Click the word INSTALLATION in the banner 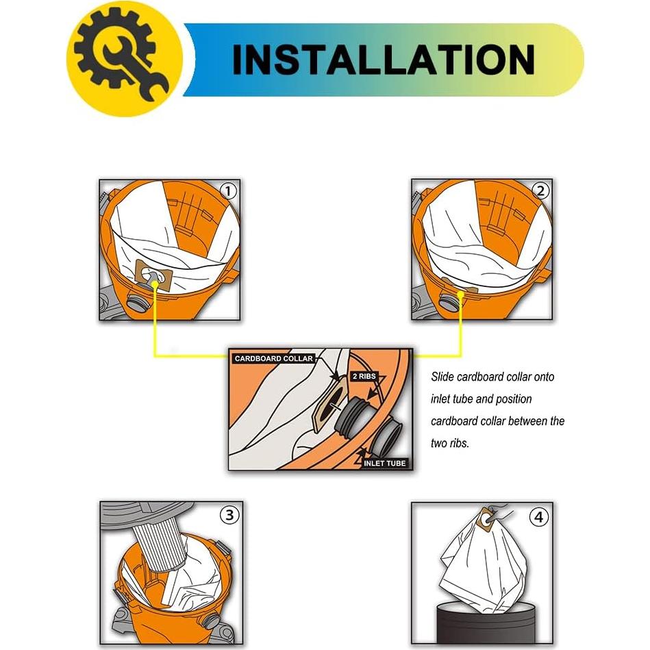(x=383, y=60)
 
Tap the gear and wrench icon (x=124, y=60)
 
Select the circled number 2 (x=540, y=191)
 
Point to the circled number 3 (x=228, y=514)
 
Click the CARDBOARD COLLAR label (x=273, y=358)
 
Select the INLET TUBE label (x=385, y=463)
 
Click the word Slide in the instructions (x=443, y=377)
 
